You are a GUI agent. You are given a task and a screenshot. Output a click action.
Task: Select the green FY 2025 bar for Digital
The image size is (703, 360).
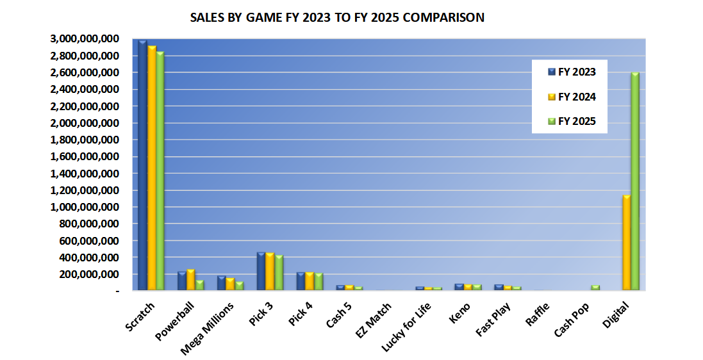(x=635, y=183)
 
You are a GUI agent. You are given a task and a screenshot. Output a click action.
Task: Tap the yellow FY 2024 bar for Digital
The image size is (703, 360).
(x=626, y=243)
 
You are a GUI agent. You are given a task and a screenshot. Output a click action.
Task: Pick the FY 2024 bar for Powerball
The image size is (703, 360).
(x=191, y=281)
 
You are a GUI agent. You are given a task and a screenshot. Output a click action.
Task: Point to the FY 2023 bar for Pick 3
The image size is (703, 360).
(x=261, y=272)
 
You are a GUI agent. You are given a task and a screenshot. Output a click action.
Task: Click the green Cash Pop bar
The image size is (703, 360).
(x=595, y=288)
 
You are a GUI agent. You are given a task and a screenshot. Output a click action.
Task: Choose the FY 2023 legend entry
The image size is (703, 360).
(x=570, y=72)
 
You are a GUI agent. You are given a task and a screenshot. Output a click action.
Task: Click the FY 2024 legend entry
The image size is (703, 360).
(x=570, y=97)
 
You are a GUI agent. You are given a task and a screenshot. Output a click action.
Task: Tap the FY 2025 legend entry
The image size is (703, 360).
(x=570, y=121)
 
